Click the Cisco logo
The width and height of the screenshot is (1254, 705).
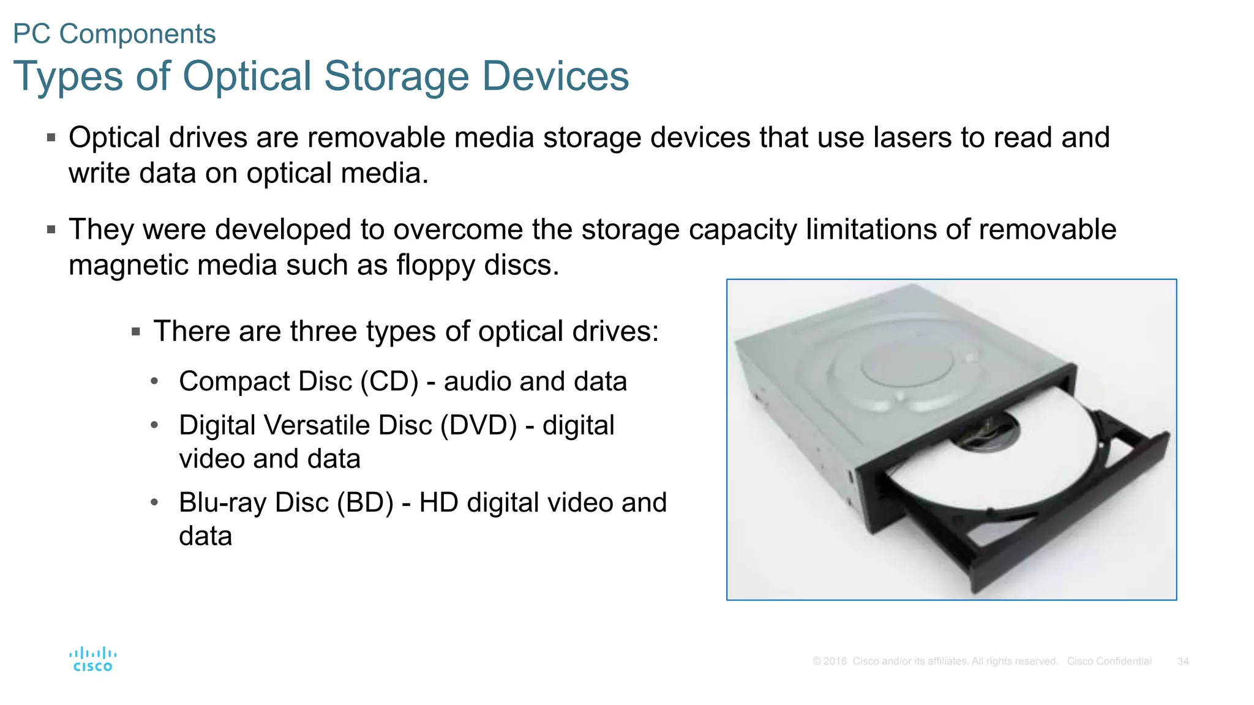click(93, 659)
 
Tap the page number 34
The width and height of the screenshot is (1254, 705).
click(1182, 662)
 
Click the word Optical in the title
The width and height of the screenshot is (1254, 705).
click(247, 76)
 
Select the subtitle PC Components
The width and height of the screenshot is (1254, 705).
click(115, 34)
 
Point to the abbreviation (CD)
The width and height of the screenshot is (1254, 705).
click(389, 381)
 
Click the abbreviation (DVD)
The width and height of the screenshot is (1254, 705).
click(479, 425)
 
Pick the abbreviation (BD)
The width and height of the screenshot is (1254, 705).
click(365, 502)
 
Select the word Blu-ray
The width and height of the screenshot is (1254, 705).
click(223, 502)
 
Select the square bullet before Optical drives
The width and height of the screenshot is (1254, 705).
click(51, 138)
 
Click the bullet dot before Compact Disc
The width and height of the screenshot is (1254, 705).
click(154, 382)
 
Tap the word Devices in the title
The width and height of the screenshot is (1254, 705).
click(555, 76)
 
